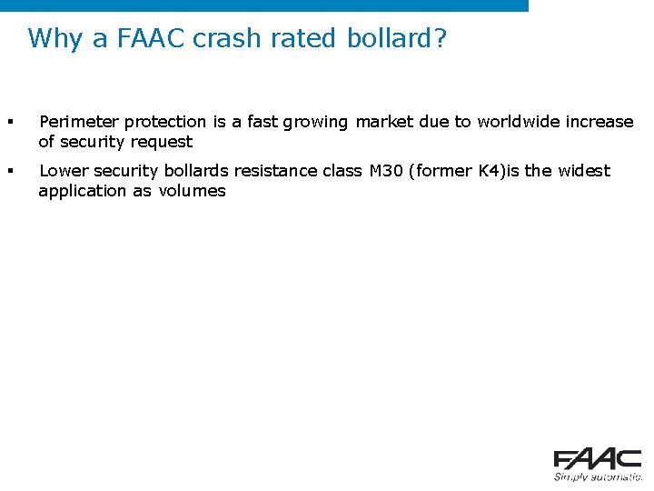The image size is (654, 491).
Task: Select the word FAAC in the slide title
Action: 145,39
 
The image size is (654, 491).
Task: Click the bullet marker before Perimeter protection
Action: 10,122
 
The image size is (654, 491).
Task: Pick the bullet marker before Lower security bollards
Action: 10,171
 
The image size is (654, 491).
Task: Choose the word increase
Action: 599,122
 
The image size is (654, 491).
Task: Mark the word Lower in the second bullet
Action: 64,171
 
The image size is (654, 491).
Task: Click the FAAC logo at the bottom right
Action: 597,459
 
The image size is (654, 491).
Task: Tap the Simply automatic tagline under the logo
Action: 597,476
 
